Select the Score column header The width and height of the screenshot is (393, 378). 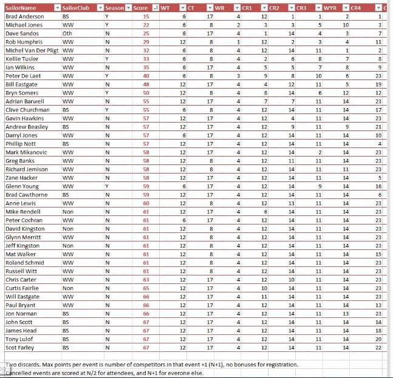click(140, 8)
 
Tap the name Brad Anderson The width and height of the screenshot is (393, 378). click(24, 16)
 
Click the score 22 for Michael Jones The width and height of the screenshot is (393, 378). click(146, 25)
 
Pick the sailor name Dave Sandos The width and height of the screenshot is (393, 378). click(22, 33)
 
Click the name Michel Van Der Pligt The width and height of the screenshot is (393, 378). click(31, 50)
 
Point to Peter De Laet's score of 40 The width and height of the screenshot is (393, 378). click(146, 76)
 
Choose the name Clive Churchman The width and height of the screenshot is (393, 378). click(27, 110)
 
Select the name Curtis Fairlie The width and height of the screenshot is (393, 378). click(22, 288)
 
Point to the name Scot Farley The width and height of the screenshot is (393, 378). click(20, 348)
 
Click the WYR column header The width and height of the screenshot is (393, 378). click(323, 8)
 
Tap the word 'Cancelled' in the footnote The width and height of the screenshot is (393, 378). click(20, 373)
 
